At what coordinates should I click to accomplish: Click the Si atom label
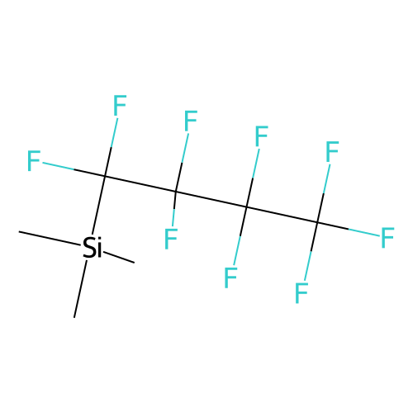point(93,247)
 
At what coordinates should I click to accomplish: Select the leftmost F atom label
point(34,160)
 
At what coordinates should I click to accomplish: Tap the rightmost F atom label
point(387,238)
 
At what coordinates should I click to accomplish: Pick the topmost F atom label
point(120,105)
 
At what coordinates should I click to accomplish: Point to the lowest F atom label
point(301,293)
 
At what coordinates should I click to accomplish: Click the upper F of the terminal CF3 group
point(332,151)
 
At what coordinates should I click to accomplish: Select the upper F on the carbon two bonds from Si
point(191,121)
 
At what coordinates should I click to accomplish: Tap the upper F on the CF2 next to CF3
point(261,136)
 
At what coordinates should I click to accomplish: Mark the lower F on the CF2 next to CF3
point(230,278)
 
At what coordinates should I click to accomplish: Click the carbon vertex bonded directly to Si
point(105,176)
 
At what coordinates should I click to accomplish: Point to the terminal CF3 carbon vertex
point(317,222)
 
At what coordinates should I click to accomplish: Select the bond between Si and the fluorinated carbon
point(99,205)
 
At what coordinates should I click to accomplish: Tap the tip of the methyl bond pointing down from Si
point(74,317)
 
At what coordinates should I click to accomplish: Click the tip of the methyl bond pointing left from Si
point(19,232)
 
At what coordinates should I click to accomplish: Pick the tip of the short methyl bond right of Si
point(135,263)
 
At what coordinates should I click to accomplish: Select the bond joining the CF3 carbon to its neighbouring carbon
point(282,214)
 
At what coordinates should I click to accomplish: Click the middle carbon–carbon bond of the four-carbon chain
point(211,199)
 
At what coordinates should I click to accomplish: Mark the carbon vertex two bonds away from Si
point(175,192)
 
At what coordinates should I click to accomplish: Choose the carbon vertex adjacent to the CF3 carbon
point(246,206)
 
